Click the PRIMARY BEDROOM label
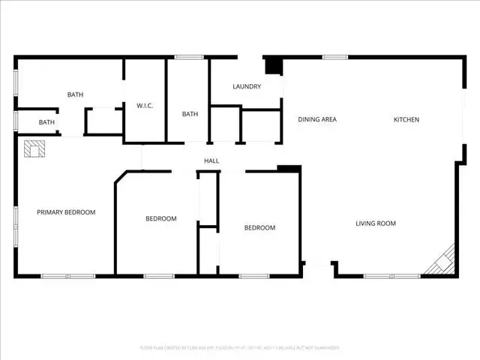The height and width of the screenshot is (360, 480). pos(66,212)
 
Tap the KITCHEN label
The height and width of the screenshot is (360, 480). pos(406,119)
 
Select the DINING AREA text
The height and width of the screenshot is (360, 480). pos(316,119)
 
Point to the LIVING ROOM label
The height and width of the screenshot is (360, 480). pos(375,223)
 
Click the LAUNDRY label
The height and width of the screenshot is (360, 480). pos(247,86)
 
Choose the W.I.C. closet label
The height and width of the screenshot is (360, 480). pos(145,106)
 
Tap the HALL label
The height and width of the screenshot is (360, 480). pos(211,160)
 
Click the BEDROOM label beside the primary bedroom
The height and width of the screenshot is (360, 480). pos(160,218)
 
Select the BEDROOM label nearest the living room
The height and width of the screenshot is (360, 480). pos(259,227)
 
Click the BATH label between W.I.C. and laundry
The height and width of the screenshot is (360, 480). pos(190,114)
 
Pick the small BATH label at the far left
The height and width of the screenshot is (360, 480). pos(47,122)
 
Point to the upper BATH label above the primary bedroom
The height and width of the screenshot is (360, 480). pos(75,94)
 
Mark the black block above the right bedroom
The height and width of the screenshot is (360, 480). pos(289,169)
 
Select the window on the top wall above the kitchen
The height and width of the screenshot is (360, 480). pos(334,56)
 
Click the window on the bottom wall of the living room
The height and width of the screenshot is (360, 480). pos(382,277)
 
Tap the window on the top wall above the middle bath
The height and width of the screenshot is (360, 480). pos(190,56)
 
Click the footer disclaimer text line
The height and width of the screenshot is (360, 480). pos(240,347)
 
